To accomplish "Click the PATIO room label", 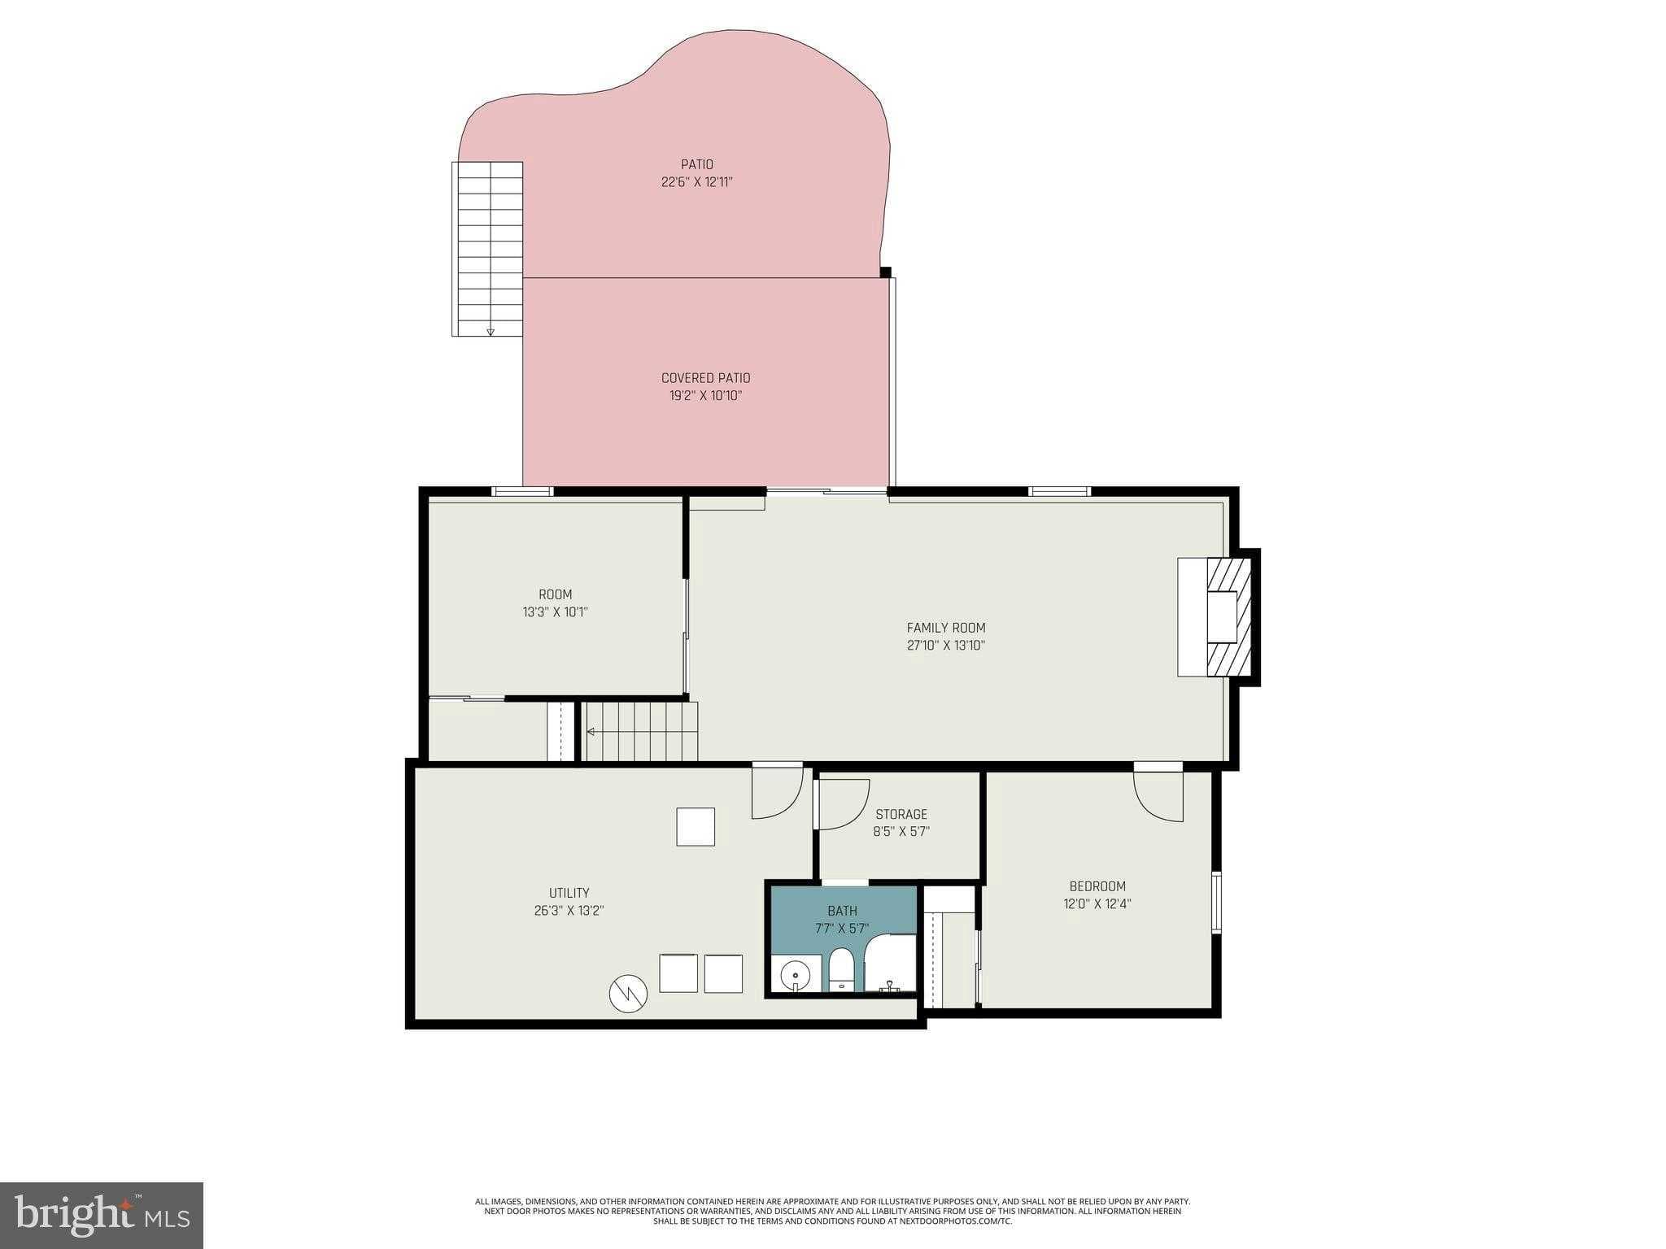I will point(697,164).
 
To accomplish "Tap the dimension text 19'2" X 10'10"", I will point(705,396).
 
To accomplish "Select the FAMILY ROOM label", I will point(945,628).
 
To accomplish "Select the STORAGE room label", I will point(901,814).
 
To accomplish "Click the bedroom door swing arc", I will point(1157,797).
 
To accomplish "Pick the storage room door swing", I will point(843,804).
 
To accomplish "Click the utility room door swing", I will point(777,793).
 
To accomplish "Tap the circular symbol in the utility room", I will point(628,993).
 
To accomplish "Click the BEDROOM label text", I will point(1097,886).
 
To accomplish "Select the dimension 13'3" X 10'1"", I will point(555,612).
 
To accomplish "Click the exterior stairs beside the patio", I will point(488,248).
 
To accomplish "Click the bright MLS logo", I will point(101,1216).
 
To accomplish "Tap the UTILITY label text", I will point(569,893).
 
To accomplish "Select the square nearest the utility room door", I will point(696,826).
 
